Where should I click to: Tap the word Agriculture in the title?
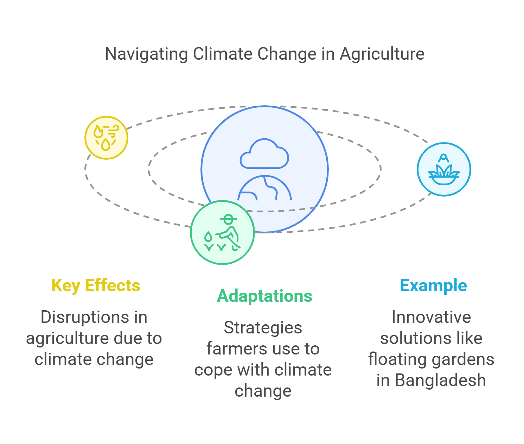(382, 54)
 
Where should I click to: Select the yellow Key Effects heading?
(96, 286)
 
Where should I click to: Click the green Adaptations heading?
(264, 296)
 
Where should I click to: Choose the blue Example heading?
(433, 286)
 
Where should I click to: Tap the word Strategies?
(263, 328)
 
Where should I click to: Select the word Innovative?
(431, 317)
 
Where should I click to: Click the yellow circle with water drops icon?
(106, 138)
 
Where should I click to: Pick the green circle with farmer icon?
(222, 232)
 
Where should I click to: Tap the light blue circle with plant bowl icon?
(444, 169)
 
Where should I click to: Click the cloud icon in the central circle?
(264, 154)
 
